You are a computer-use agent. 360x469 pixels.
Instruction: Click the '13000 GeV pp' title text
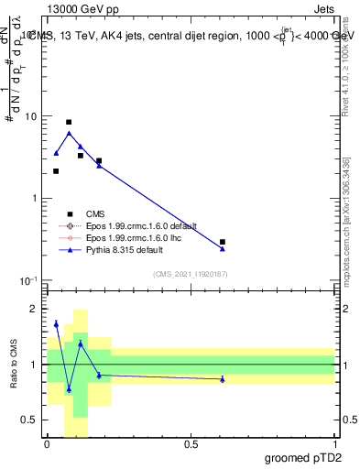pyautogui.click(x=77, y=7)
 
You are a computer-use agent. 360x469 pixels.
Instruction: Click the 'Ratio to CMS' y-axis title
pyautogui.click(x=15, y=365)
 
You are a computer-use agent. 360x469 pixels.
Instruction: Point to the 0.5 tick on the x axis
pyautogui.click(x=191, y=443)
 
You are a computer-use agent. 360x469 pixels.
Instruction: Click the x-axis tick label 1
pyautogui.click(x=334, y=443)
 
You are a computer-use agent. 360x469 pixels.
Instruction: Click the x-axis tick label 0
pyautogui.click(x=47, y=443)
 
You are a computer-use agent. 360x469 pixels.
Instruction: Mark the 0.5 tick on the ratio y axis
pyautogui.click(x=30, y=420)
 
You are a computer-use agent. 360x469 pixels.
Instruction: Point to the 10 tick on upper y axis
pyautogui.click(x=30, y=117)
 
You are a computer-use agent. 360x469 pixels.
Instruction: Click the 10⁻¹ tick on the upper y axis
pyautogui.click(x=28, y=280)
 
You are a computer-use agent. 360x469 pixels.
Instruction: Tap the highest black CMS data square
pyautogui.click(x=69, y=122)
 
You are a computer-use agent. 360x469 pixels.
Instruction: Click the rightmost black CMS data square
pyautogui.click(x=223, y=242)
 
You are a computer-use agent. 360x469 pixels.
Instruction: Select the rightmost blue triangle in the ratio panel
pyautogui.click(x=223, y=378)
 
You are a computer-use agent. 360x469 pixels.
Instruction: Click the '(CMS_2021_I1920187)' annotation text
pyautogui.click(x=190, y=273)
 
